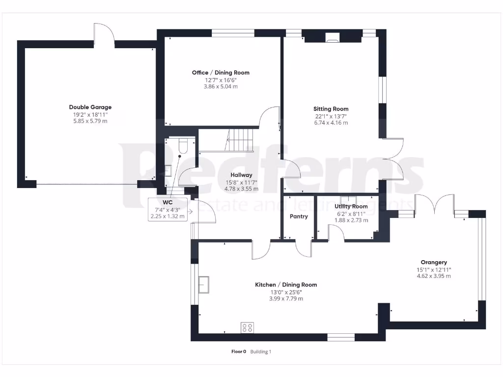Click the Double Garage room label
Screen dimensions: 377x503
90,107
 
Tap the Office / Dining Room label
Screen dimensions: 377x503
221,73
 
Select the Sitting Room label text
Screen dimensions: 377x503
331,109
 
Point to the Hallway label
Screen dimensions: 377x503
241,175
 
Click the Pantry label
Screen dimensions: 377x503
299,216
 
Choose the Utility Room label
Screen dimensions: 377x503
351,207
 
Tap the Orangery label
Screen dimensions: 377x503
434,262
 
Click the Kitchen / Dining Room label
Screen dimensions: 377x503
285,285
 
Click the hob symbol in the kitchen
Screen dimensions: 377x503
248,327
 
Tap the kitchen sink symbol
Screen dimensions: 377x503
203,283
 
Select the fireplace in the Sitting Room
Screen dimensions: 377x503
333,36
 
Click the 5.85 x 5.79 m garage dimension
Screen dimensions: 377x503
90,121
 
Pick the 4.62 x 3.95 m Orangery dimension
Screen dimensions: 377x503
434,276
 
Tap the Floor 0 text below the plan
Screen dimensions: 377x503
239,351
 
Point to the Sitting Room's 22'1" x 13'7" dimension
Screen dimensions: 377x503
331,116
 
